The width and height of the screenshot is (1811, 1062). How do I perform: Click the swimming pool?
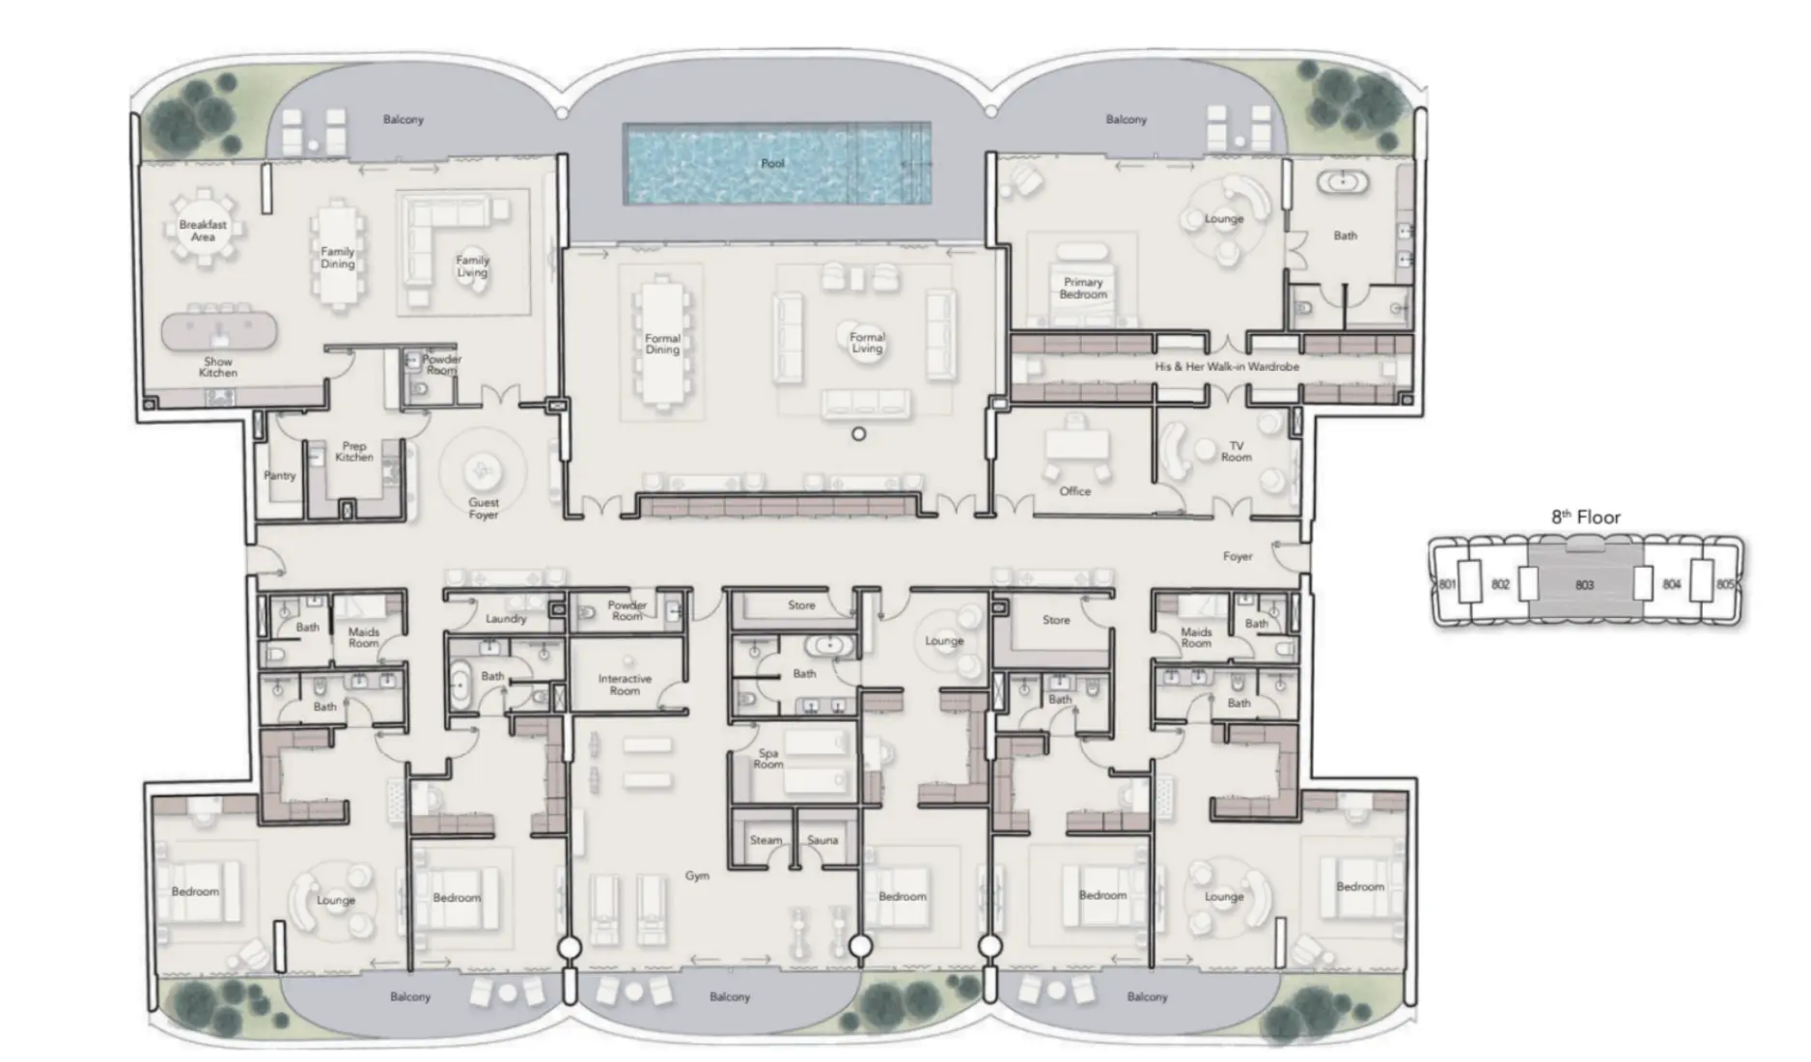[x=777, y=163]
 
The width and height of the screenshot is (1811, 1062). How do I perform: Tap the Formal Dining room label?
[x=662, y=345]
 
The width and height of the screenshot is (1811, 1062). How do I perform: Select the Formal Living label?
[x=867, y=343]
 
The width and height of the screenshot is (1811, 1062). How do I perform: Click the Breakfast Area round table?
[x=203, y=231]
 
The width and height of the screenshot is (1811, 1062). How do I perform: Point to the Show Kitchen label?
[x=218, y=367]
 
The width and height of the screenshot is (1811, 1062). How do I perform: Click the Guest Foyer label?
[x=484, y=509]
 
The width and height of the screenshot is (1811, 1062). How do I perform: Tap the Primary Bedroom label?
[x=1083, y=289]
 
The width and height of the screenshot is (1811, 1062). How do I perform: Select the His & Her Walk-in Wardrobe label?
[x=1226, y=367]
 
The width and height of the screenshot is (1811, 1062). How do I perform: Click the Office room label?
[x=1074, y=491]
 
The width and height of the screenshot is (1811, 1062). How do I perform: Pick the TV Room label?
[x=1236, y=452]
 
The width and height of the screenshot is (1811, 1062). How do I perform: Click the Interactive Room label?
[x=625, y=685]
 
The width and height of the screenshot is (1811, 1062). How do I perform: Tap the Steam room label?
[x=766, y=840]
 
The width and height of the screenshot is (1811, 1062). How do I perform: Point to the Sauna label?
[x=822, y=840]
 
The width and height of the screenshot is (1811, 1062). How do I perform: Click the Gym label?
[x=697, y=876]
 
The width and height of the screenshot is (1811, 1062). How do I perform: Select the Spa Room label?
[x=768, y=759]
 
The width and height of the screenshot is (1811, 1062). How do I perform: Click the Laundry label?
[x=506, y=619]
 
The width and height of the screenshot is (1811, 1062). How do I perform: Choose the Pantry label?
[x=280, y=476]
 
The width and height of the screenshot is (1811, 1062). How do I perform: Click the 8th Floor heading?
[x=1585, y=517]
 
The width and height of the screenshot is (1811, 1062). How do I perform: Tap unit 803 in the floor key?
[x=1584, y=585]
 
